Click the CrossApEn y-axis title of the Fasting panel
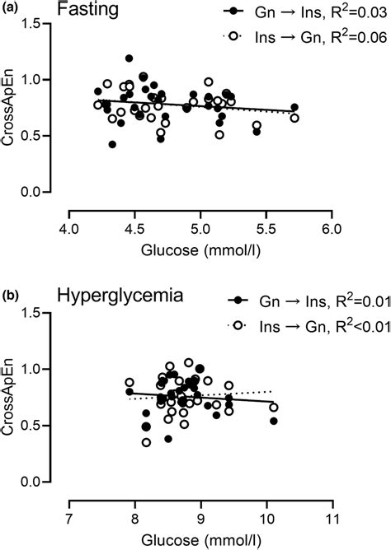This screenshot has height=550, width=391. (x=12, y=108)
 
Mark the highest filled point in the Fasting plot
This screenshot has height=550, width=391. (x=130, y=58)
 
